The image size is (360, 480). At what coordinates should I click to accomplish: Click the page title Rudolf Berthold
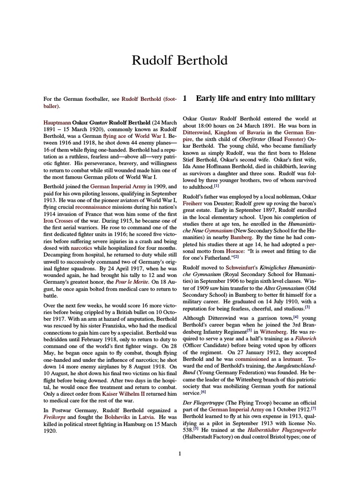tap(180, 60)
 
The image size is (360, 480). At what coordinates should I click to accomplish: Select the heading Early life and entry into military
tap(255, 98)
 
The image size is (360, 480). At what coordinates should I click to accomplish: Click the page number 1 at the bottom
tap(180, 453)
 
